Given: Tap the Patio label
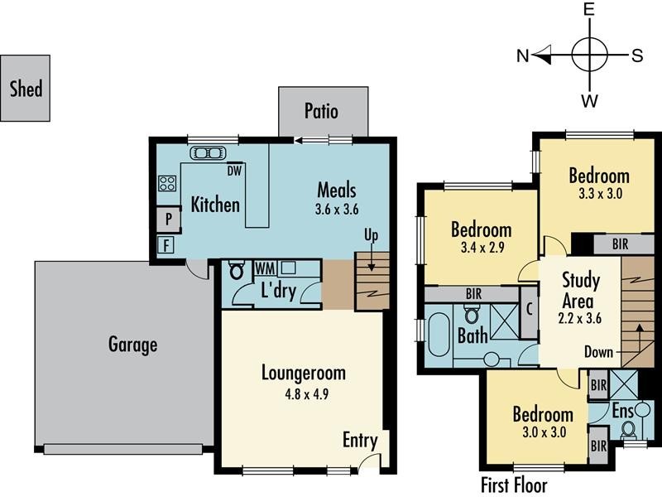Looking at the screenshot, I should tap(321, 111).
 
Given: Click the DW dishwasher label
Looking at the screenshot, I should tap(233, 171).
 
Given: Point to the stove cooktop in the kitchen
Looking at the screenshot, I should tap(167, 184).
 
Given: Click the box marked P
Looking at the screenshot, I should tap(168, 220).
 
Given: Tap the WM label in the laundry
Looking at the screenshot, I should tap(265, 268).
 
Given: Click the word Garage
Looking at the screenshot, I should tap(132, 344).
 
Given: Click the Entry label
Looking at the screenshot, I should tap(360, 441).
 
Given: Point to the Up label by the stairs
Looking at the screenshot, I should tap(372, 236).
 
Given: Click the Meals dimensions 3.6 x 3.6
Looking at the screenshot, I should tap(337, 210).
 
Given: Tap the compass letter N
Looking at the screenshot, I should tap(523, 55).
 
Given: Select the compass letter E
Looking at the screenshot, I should tap(589, 10).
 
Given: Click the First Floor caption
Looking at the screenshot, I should tap(514, 485).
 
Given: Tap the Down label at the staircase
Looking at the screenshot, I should tap(598, 352).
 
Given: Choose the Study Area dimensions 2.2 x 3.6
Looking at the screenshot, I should tap(581, 317).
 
